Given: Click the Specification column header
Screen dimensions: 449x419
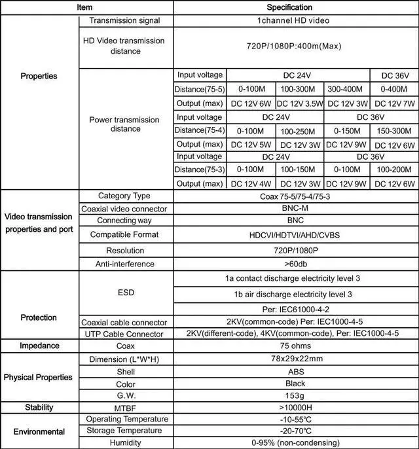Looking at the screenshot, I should [289, 7].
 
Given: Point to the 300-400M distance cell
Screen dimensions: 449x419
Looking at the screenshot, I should [347, 88].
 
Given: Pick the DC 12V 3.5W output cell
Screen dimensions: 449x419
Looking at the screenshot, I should [299, 103].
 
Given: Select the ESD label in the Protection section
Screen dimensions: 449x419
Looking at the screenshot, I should [124, 292].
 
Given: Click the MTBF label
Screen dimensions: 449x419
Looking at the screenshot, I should [124, 407].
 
